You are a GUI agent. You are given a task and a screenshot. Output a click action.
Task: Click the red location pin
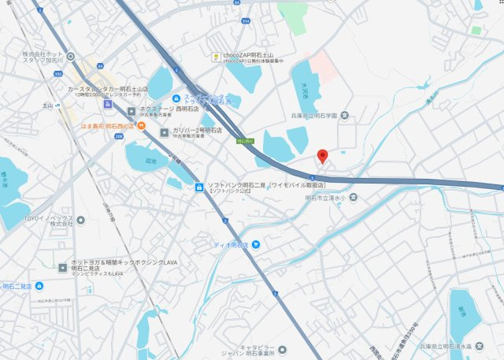pos(321,154)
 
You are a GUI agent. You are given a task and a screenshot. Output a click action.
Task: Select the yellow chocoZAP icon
pos(215,56)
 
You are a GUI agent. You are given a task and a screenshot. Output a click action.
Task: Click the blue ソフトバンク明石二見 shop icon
pos(199,187)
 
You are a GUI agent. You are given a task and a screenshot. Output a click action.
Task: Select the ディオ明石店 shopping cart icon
pos(255,246)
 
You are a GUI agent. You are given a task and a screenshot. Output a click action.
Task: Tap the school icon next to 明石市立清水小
pos(354,197)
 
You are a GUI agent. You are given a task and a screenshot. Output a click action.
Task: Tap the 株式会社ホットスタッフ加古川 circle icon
pos(71,56)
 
